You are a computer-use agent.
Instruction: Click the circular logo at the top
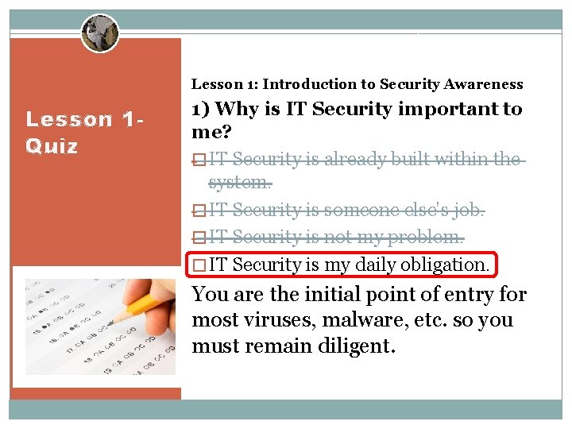tap(99, 33)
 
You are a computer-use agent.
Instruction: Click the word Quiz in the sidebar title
tap(52, 146)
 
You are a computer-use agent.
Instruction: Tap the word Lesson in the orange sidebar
tap(70, 120)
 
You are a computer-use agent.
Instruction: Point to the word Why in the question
tap(237, 109)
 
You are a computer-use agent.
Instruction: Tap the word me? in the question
tap(209, 132)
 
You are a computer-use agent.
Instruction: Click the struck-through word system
tap(240, 183)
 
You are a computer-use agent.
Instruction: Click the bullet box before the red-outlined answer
tap(199, 265)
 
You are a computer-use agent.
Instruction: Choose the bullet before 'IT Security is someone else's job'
tap(199, 211)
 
